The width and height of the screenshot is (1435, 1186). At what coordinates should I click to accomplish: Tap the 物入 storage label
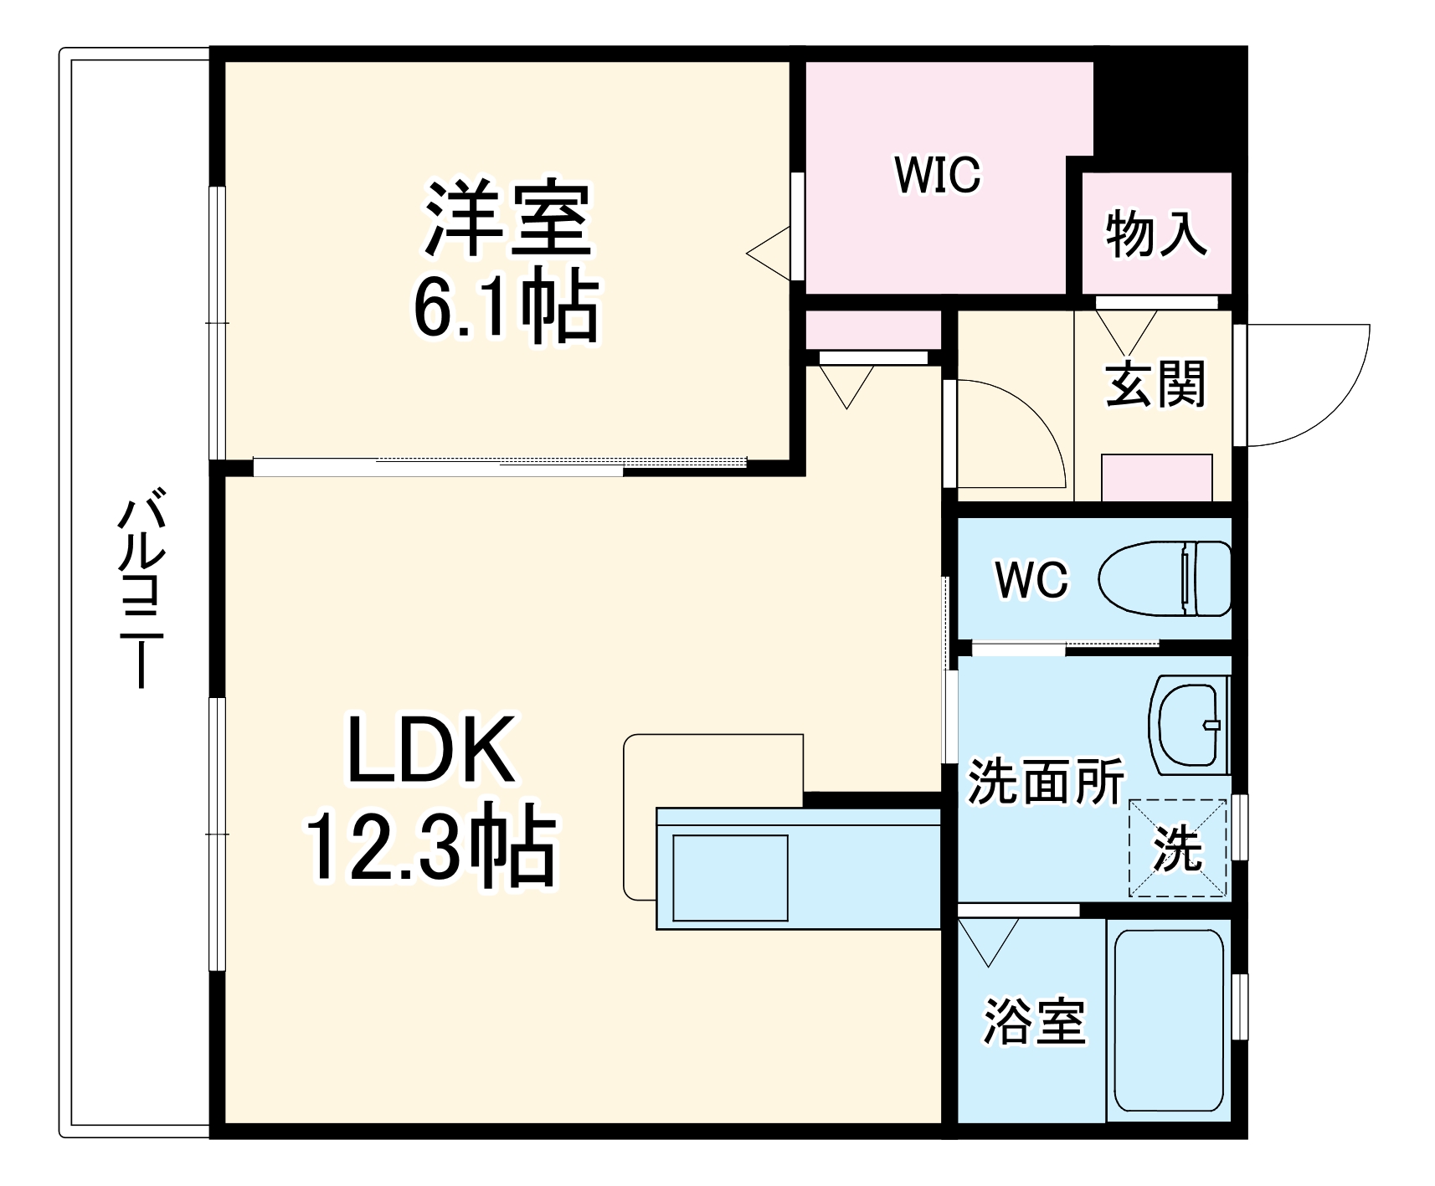point(1156,234)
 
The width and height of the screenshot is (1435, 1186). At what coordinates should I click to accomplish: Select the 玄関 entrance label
point(1155,384)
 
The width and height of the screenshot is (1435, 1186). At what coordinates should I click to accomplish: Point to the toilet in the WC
point(1164,578)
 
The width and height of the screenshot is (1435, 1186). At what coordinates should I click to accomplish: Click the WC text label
point(1032,578)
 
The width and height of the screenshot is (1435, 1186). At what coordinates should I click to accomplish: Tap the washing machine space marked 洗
point(1178,849)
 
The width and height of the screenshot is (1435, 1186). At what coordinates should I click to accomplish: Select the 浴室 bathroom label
point(1034,1021)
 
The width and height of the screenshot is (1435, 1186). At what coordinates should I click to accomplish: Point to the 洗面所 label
point(1047,782)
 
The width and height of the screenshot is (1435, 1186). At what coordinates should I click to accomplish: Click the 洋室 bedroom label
point(507,219)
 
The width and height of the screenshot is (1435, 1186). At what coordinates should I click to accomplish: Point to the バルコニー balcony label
point(137,594)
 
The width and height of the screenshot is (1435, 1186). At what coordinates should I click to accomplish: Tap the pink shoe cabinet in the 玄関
point(1156,477)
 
